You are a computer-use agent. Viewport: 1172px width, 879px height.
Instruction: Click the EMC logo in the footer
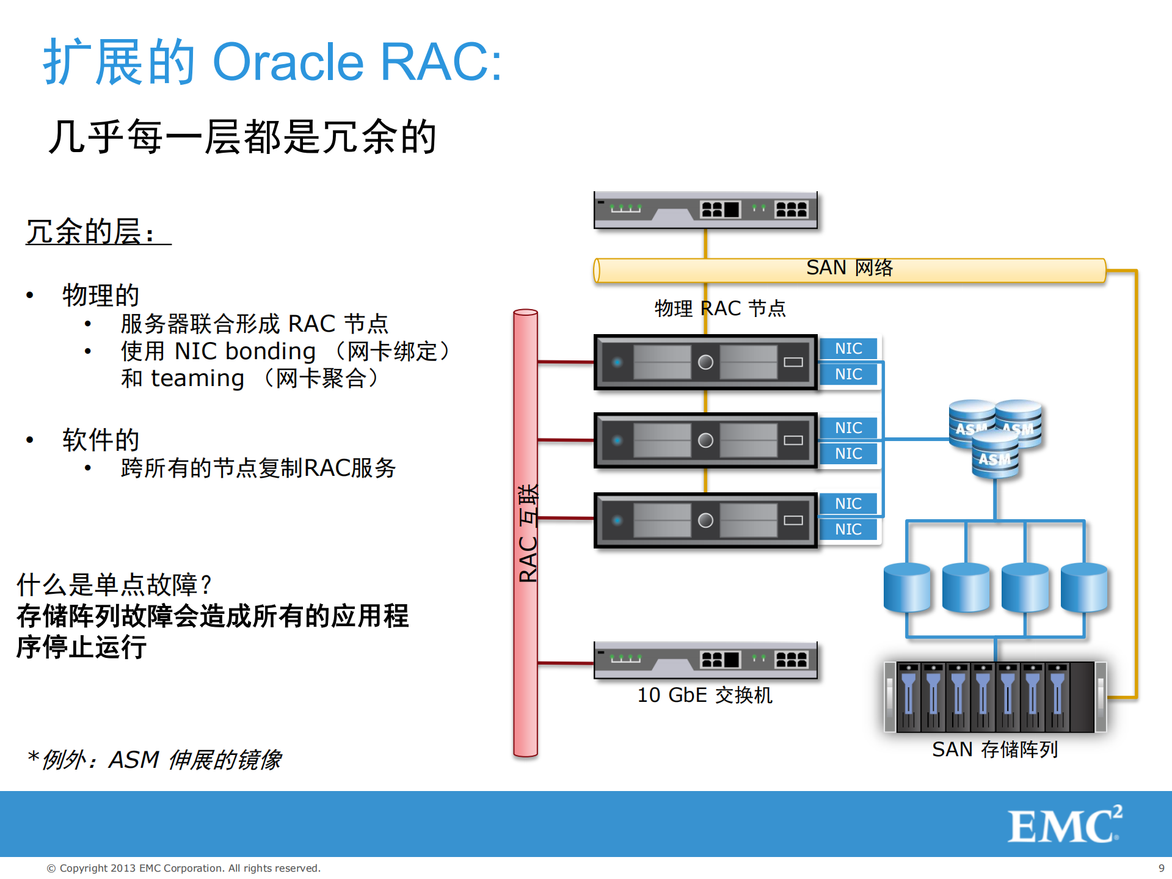(1064, 825)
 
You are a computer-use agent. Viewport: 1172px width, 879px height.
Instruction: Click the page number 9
(1161, 868)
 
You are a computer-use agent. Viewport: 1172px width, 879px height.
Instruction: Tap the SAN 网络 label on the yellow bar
(849, 268)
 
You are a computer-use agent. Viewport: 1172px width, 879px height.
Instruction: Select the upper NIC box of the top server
(848, 348)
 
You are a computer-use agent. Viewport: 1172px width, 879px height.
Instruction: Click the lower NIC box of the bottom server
(848, 529)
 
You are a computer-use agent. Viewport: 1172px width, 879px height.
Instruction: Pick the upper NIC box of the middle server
(848, 428)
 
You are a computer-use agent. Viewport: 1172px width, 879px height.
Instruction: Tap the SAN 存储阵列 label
(994, 749)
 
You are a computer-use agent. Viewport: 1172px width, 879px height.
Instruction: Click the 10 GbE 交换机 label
(704, 695)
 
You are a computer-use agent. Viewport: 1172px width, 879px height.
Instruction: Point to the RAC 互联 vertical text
(528, 533)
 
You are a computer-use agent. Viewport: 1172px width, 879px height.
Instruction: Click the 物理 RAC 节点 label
(719, 308)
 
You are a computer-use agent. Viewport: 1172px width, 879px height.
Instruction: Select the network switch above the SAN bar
(705, 210)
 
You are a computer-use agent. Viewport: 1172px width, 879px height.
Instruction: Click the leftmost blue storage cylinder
(907, 588)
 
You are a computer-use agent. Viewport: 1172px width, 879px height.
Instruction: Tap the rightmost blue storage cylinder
(1084, 588)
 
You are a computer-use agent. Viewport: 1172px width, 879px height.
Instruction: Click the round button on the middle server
(705, 440)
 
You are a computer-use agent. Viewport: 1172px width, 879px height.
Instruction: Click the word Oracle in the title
(288, 62)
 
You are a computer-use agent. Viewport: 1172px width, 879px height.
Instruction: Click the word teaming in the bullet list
(197, 378)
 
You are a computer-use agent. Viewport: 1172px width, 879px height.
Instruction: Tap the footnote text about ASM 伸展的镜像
(156, 759)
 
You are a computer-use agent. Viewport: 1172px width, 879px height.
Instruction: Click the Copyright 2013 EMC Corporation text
(183, 868)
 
